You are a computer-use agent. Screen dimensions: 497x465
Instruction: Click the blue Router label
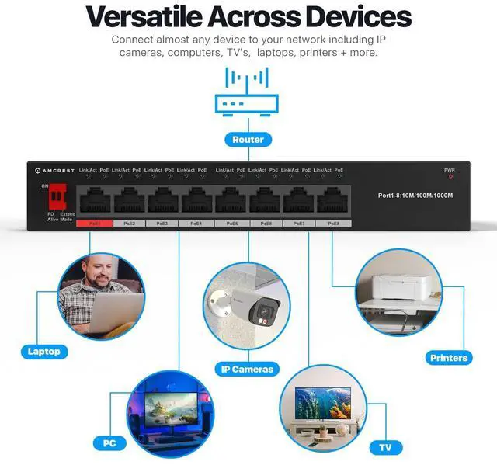pyautogui.click(x=248, y=140)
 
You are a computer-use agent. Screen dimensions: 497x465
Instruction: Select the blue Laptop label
pyautogui.click(x=43, y=351)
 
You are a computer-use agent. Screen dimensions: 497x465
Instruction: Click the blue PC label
pyautogui.click(x=109, y=443)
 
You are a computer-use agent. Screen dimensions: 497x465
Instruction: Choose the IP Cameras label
pyautogui.click(x=248, y=369)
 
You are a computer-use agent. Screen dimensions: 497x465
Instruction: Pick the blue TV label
pyautogui.click(x=386, y=448)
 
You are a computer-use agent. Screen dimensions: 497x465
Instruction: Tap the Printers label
pyautogui.click(x=449, y=357)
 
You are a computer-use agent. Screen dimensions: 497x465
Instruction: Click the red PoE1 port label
pyautogui.click(x=94, y=224)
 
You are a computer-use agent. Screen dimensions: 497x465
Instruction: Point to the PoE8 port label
pyautogui.click(x=333, y=224)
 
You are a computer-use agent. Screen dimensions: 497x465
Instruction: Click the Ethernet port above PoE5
pyautogui.click(x=233, y=202)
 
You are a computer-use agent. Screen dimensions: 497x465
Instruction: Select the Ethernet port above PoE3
pyautogui.click(x=162, y=202)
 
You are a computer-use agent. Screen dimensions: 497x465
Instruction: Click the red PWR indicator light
pyautogui.click(x=450, y=177)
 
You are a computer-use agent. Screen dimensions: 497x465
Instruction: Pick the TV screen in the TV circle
pyautogui.click(x=323, y=404)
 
